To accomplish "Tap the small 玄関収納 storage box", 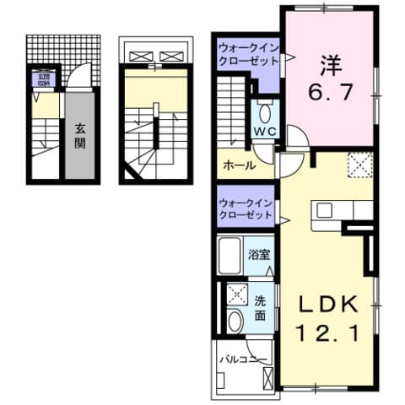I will [41, 82].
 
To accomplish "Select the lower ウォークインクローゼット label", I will [245, 208].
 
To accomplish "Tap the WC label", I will [266, 132].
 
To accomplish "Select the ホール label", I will [240, 165].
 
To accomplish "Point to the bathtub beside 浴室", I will [230, 252].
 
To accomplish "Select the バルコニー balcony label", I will [244, 360].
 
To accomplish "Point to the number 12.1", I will [331, 333].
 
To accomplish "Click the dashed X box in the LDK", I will [360, 164].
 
